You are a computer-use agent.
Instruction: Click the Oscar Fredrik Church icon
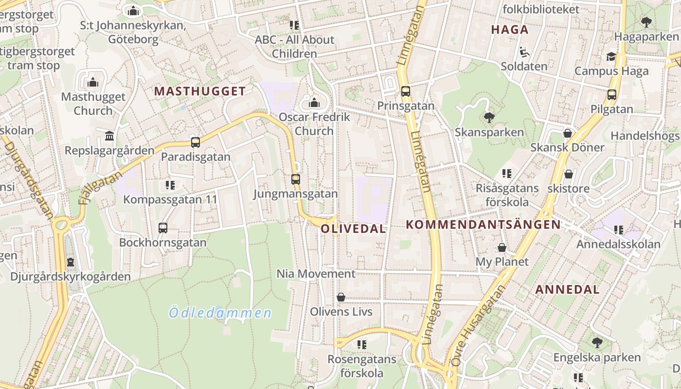tap(314, 103)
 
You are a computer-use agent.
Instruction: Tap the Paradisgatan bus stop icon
tap(196, 142)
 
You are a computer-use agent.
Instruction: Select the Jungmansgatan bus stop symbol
tap(295, 179)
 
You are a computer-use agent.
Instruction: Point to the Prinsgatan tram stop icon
tap(405, 91)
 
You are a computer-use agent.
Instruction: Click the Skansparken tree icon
tap(489, 117)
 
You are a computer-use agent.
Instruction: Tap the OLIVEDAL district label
tap(353, 229)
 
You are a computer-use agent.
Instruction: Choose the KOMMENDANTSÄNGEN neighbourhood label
tap(483, 225)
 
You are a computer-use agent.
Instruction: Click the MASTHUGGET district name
tap(200, 91)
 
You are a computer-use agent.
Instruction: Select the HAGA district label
tap(509, 30)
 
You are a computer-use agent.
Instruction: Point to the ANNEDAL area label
tap(567, 290)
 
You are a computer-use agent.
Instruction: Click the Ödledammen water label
tap(220, 313)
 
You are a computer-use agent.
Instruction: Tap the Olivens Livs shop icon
tap(341, 297)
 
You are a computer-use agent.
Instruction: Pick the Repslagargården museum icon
tap(109, 136)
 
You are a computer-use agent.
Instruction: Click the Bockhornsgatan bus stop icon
tap(163, 228)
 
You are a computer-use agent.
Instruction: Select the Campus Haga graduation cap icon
tap(611, 57)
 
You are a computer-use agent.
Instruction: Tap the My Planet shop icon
tap(502, 248)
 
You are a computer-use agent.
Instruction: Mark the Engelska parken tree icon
tap(597, 343)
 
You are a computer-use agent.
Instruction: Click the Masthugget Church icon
tap(93, 82)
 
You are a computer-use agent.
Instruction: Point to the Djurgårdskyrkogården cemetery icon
tap(71, 262)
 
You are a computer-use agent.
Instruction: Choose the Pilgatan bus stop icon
tap(612, 95)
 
